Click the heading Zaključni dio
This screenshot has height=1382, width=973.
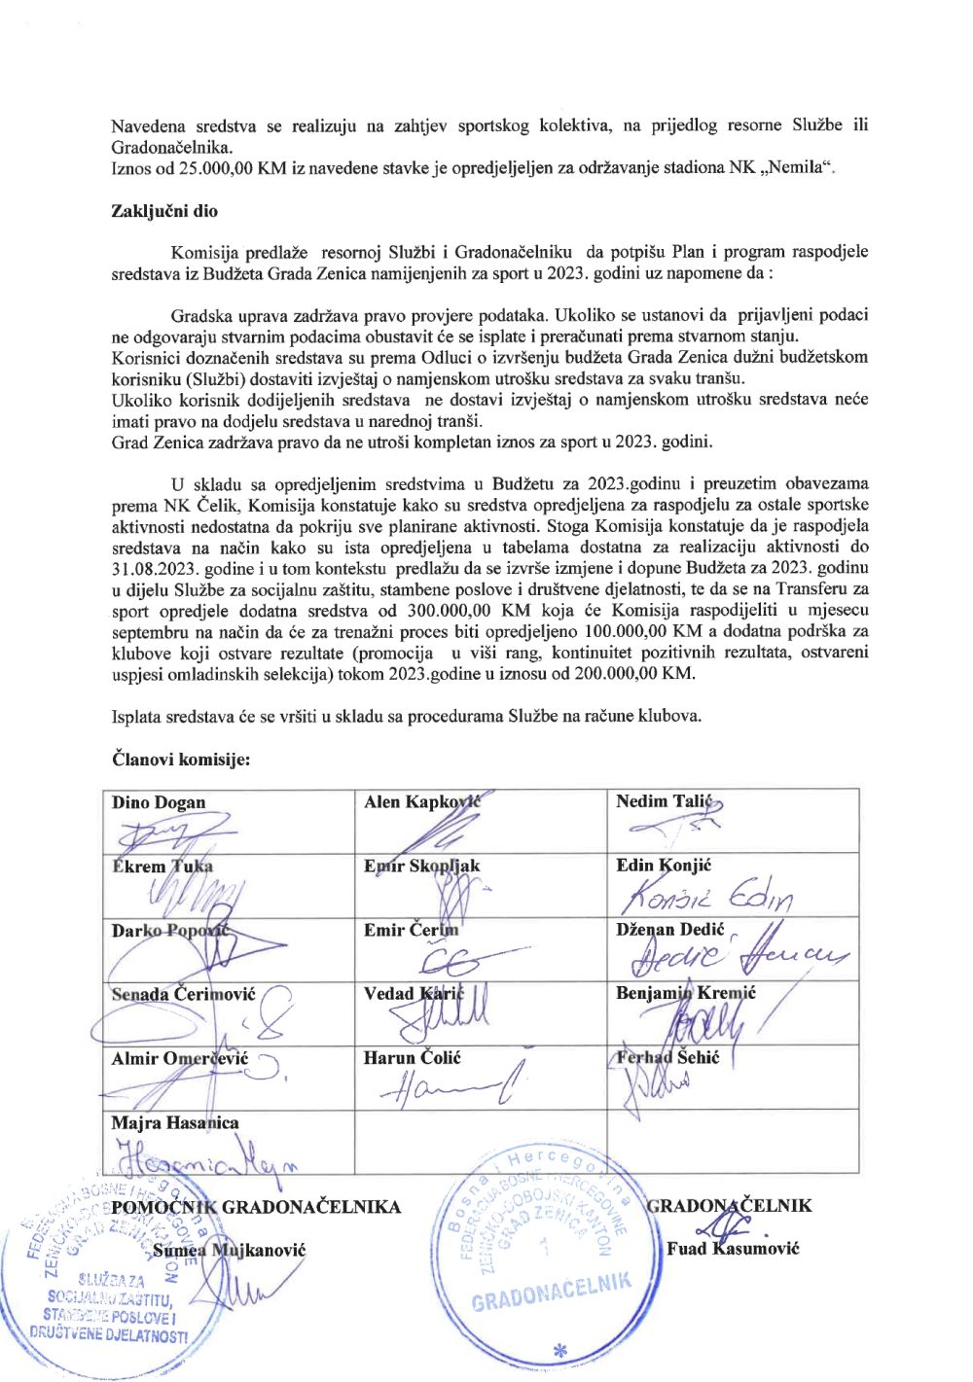coord(164,211)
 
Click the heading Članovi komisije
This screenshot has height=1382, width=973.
coord(181,759)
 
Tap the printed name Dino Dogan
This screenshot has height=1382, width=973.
coord(159,802)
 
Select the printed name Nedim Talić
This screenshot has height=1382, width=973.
coord(664,801)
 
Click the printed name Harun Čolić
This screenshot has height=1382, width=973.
coord(412,1057)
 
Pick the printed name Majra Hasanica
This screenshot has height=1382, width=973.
coord(175,1122)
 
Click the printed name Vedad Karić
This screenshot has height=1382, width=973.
coord(414,993)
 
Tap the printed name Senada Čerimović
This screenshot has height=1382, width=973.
coord(183,994)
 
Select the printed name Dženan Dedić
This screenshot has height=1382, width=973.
coord(669,930)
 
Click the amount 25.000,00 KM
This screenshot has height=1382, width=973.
coord(232,167)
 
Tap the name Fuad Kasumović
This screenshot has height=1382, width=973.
coord(733,1248)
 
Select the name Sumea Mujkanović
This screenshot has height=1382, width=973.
coord(229,1250)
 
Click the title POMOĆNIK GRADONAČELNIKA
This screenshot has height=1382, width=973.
coord(256,1207)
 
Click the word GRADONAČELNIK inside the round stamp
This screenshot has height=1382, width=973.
coord(552,1290)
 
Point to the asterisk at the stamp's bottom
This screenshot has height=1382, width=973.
coord(559,1349)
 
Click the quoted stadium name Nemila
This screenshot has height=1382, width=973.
coord(797,167)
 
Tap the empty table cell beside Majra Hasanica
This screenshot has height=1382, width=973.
coord(481,1140)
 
